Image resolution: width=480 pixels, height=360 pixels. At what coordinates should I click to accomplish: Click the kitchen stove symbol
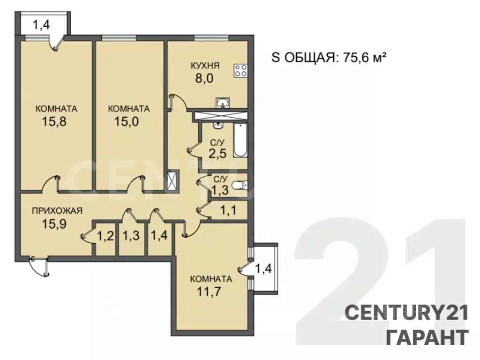240,70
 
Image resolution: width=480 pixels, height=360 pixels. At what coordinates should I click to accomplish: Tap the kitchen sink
223,103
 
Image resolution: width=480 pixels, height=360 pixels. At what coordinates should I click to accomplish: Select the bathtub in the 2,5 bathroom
240,140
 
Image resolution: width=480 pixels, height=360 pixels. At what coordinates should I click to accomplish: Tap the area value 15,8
54,121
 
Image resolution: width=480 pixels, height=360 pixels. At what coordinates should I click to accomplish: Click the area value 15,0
127,121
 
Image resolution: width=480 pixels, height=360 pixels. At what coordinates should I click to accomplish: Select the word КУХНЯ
205,66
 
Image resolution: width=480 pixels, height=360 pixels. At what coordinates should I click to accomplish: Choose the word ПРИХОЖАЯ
57,210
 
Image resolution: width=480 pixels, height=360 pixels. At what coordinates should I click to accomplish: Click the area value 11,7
209,292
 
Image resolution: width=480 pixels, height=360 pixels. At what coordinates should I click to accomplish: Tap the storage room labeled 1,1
229,210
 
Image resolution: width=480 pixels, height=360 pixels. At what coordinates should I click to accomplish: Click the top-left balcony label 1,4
41,25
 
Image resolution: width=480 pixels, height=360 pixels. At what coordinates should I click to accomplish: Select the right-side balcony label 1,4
263,269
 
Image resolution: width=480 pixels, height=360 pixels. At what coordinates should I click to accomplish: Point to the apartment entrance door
39,266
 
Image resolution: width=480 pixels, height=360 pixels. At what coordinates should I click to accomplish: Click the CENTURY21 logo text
407,314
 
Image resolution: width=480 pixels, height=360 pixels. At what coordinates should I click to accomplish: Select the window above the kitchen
211,38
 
